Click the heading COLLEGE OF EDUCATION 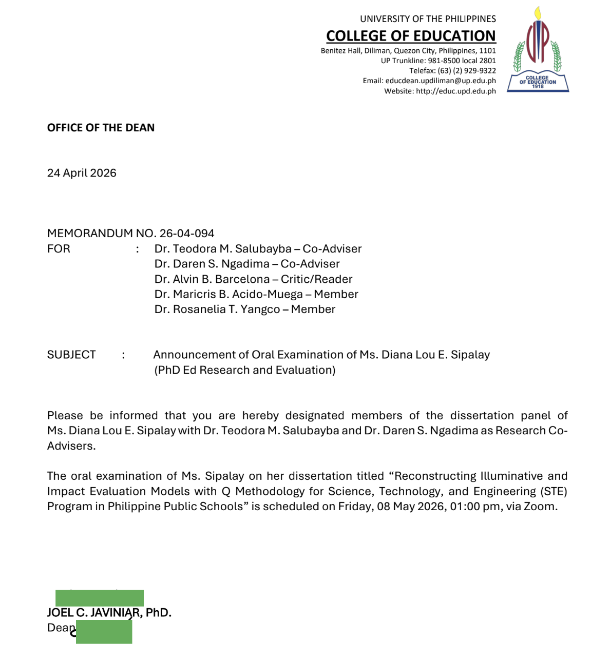(x=411, y=36)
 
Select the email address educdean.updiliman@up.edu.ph (x=441, y=81)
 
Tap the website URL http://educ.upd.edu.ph (x=455, y=91)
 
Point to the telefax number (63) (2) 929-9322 (x=467, y=71)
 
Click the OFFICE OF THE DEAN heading (x=101, y=128)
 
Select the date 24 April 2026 (x=82, y=173)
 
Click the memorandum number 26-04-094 (x=186, y=234)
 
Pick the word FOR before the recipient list (x=59, y=249)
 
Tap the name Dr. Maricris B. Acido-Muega (x=228, y=295)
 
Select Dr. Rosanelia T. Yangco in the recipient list (x=217, y=309)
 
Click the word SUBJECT (x=71, y=355)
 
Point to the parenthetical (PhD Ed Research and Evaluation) (x=245, y=370)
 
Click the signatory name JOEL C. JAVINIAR (x=93, y=613)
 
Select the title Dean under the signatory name (x=61, y=628)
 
